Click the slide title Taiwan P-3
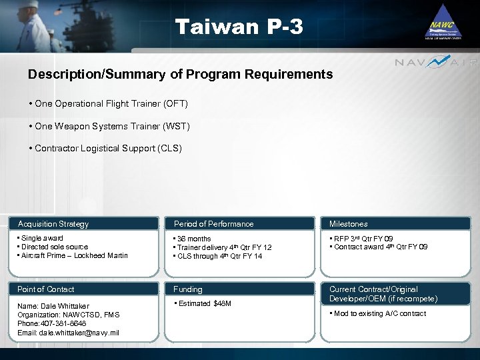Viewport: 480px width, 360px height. (x=239, y=27)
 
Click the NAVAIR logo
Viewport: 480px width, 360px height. (x=436, y=62)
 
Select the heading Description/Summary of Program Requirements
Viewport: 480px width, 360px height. (x=180, y=75)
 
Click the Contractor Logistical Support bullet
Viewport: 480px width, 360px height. (x=106, y=149)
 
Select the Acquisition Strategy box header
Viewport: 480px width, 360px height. (x=53, y=224)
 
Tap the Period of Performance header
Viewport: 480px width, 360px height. (x=213, y=224)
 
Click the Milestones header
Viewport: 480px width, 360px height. (x=348, y=224)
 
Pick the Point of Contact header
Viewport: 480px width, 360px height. (x=45, y=289)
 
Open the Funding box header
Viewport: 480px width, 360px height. (x=188, y=289)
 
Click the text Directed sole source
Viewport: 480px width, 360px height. (x=54, y=247)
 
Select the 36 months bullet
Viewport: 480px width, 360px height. (x=193, y=239)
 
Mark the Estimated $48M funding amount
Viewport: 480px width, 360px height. (x=204, y=304)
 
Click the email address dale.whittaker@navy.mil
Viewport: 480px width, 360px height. (x=69, y=333)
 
